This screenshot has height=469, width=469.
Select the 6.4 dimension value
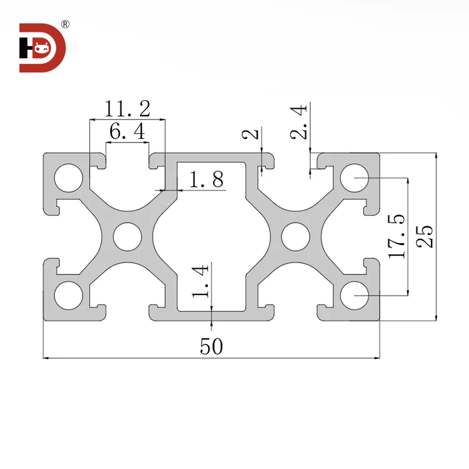(x=127, y=131)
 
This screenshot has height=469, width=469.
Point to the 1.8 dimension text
(x=206, y=181)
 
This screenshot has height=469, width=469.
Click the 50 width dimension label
(x=211, y=346)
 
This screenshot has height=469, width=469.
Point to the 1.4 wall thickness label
(x=201, y=281)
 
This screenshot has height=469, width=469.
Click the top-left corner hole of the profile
(x=68, y=178)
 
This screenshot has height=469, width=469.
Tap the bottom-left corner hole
(x=68, y=295)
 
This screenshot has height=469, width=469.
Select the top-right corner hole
(x=355, y=178)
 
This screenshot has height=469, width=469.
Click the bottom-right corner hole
(x=355, y=295)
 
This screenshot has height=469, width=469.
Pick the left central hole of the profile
(x=128, y=236)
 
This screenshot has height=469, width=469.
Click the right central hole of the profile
(x=295, y=236)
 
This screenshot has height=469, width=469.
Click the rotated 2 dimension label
(x=250, y=134)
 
